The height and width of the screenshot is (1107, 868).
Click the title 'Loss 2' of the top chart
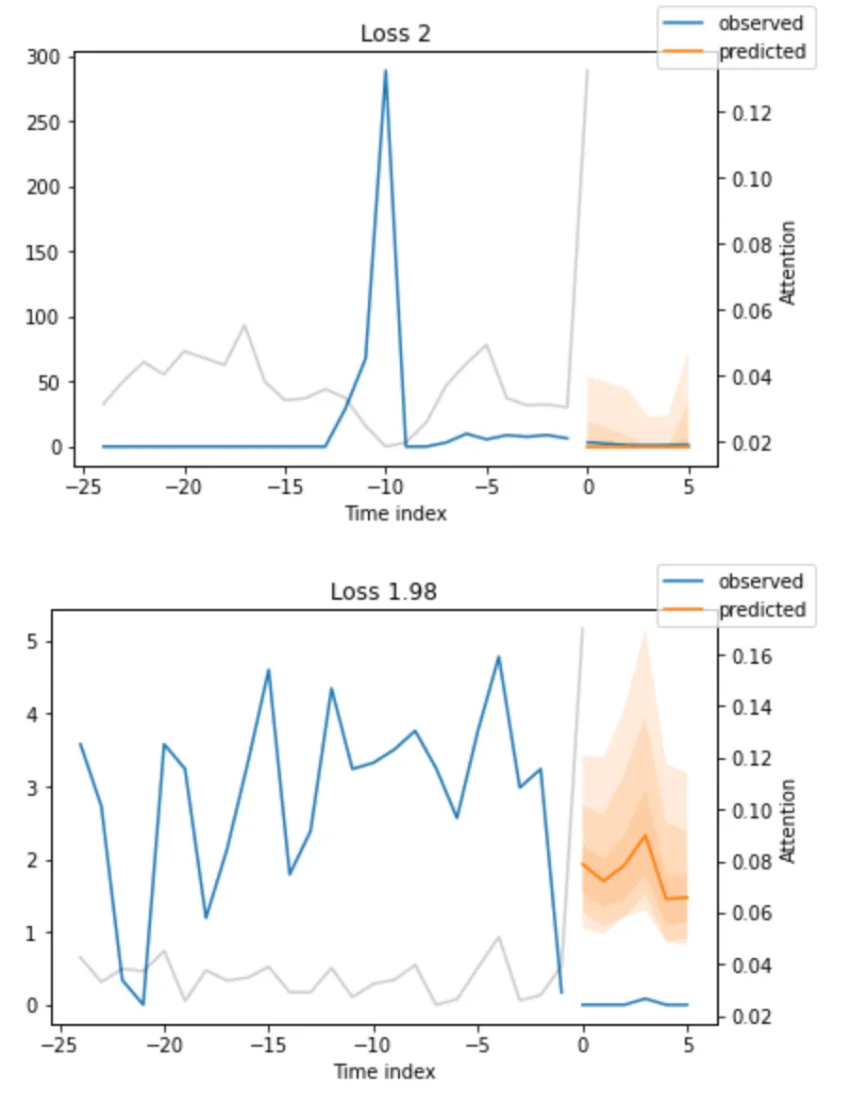[x=396, y=34]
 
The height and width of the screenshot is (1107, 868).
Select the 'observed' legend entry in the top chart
[x=760, y=24]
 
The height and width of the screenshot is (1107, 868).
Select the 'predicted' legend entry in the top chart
[x=762, y=52]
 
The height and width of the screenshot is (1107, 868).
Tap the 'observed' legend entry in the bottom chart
[x=760, y=581]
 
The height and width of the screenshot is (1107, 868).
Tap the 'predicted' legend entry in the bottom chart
[x=762, y=609]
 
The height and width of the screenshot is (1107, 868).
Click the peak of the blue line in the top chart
[x=386, y=71]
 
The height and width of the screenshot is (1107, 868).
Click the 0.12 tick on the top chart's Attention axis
[x=751, y=113]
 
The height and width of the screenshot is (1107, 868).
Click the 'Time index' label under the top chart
[x=395, y=514]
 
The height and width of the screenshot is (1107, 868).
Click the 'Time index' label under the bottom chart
[x=384, y=1072]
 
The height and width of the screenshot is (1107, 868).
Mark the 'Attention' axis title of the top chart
[x=790, y=263]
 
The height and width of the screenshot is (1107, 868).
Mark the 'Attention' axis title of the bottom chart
[x=790, y=820]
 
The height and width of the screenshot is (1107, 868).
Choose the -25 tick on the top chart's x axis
[x=82, y=487]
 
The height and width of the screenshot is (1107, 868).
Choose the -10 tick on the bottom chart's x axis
[x=374, y=1046]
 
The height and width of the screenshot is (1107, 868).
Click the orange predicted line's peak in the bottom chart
[x=645, y=834]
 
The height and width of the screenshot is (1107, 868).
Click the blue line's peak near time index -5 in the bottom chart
[x=498, y=656]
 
